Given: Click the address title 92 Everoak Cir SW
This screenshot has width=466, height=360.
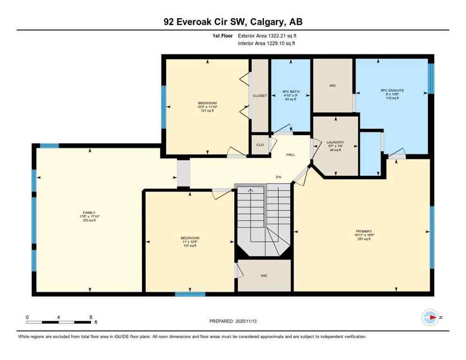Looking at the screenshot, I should click(233, 22).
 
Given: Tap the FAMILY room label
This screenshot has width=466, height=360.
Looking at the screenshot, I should click(89, 213).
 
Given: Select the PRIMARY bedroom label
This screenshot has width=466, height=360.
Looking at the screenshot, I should click(364, 231).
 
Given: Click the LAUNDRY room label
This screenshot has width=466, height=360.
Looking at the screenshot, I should click(336, 142).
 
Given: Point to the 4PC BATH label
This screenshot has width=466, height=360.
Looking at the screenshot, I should click(291, 92).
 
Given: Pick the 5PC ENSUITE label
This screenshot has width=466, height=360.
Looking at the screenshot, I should click(392, 90).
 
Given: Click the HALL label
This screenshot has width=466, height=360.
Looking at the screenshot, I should click(291, 154).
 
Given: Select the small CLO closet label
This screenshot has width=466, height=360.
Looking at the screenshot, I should click(260, 145).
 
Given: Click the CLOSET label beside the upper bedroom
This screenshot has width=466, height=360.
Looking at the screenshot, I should click(260, 96).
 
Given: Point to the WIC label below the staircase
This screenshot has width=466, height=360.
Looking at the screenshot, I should click(264, 276).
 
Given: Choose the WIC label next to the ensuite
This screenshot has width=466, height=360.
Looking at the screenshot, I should click(332, 86).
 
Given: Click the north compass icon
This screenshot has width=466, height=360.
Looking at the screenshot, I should click(429, 317).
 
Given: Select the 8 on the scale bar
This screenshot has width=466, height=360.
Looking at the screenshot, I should click(90, 317).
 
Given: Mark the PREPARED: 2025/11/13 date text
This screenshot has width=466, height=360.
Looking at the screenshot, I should click(233, 321).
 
